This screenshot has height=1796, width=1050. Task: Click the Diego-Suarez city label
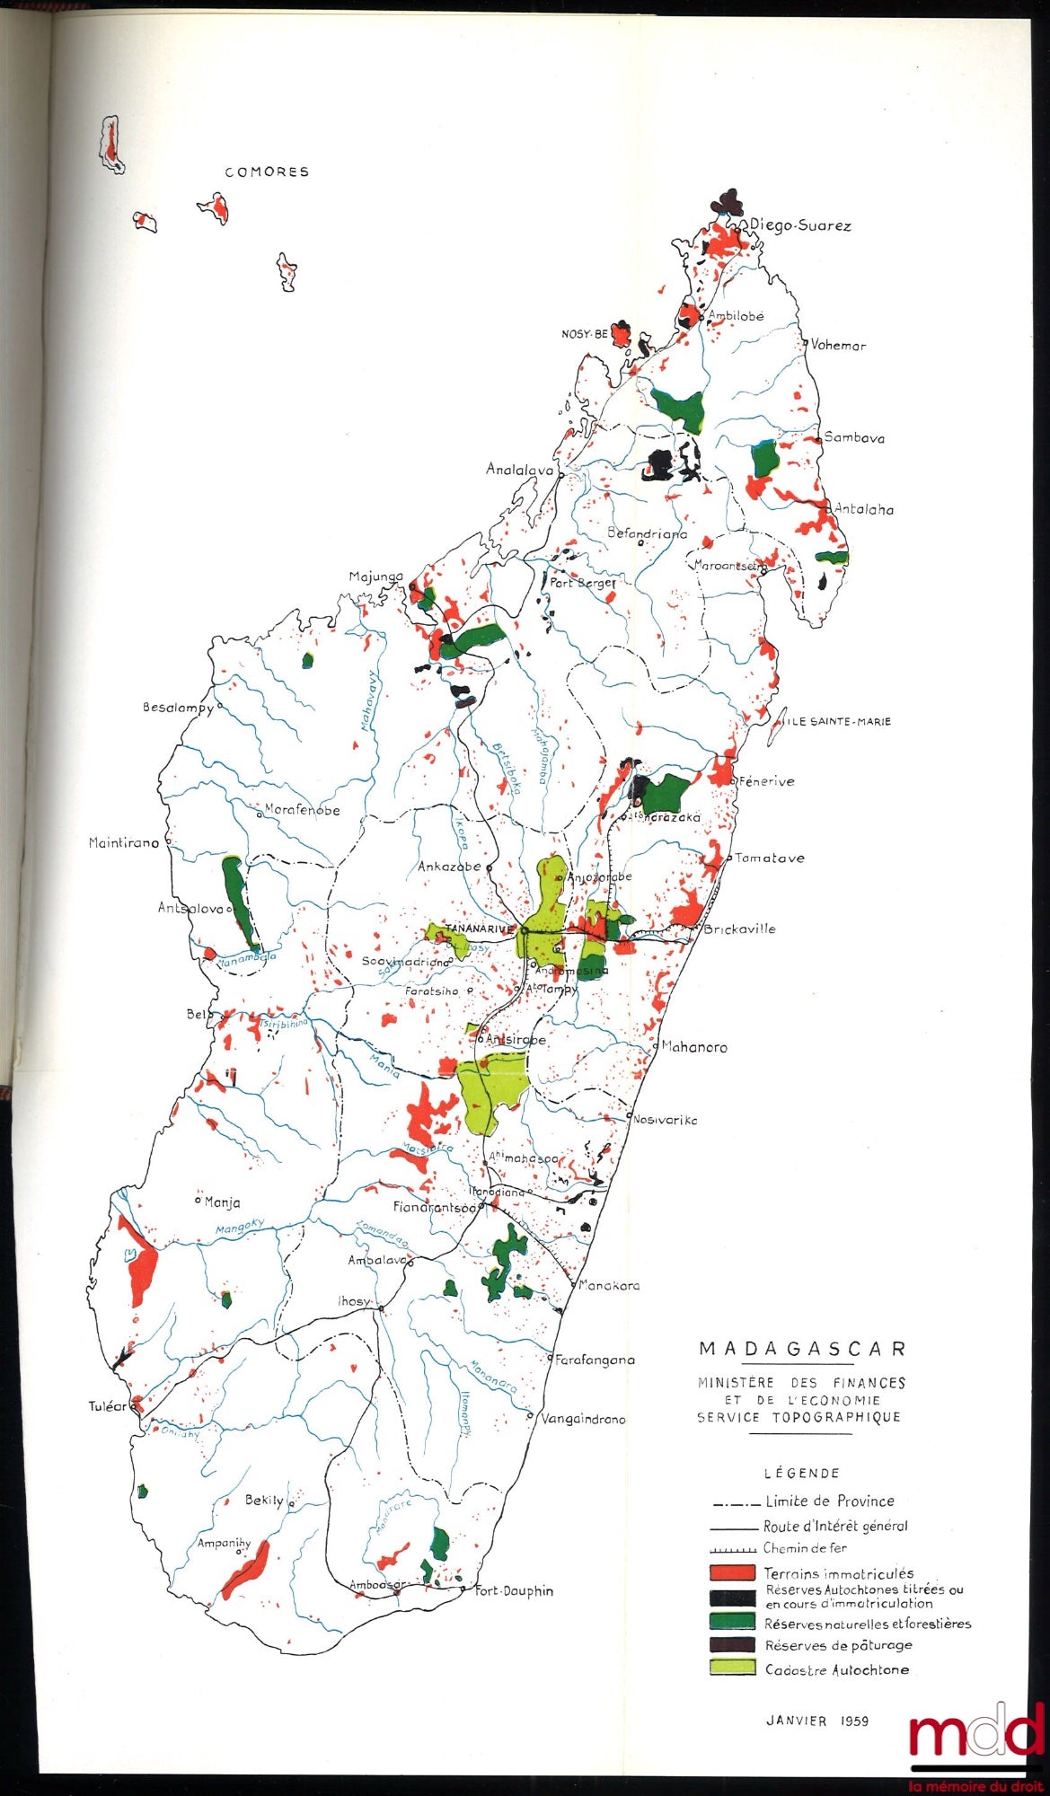799,225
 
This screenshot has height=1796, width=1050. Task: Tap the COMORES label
267,172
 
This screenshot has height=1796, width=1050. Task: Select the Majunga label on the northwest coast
375,577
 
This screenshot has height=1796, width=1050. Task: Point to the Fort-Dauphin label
514,1590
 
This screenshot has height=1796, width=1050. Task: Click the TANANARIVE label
479,928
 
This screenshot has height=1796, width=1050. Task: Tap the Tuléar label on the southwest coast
108,1406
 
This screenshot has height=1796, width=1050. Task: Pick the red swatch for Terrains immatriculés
731,1572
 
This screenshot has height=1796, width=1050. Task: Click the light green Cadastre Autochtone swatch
731,1668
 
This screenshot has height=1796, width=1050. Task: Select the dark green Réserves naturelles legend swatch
731,1621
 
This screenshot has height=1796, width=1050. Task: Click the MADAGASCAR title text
802,1349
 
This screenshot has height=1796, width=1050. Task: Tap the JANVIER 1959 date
816,1721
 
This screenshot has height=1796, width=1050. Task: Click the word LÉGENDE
801,1473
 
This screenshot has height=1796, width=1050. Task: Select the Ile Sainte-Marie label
839,721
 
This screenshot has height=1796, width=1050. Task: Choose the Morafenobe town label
303,810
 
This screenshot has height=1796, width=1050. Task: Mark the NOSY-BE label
585,334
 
